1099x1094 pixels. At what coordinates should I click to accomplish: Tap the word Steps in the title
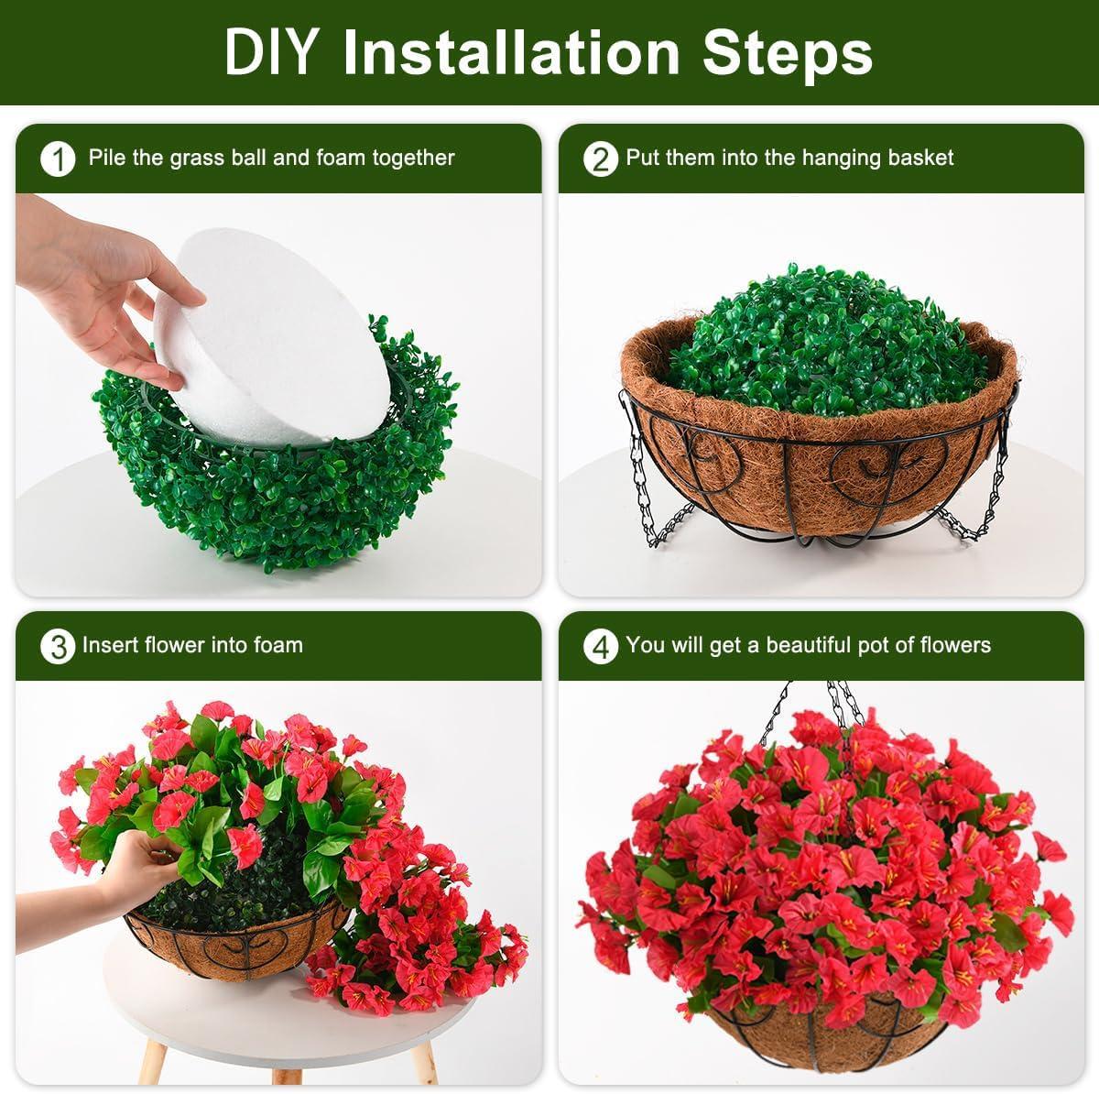(x=787, y=56)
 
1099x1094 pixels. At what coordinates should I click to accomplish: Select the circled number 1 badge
(x=58, y=159)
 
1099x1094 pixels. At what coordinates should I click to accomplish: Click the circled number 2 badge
(x=601, y=159)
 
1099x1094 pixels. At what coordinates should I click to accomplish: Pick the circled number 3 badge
(x=58, y=647)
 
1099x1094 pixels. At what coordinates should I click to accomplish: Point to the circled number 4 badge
(x=601, y=647)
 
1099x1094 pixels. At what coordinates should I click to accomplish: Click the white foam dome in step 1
(x=274, y=336)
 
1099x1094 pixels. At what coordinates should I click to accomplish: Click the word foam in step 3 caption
(x=278, y=645)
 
